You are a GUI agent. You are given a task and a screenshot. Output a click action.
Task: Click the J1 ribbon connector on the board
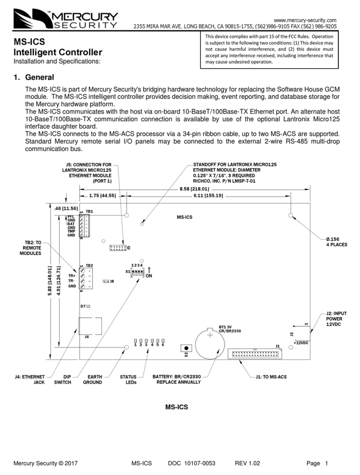click(254, 354)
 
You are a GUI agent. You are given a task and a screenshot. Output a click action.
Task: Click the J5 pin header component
click(118, 247)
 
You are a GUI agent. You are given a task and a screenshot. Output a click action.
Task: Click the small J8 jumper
click(106, 282)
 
